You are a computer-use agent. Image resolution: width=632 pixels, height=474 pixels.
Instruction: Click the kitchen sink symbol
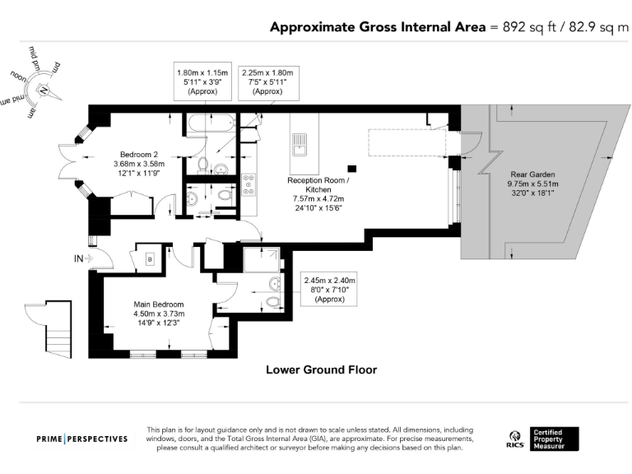click(299, 145)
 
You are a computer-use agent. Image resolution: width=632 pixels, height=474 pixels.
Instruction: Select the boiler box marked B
click(150, 258)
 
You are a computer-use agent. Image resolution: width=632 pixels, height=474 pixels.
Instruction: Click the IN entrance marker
click(79, 259)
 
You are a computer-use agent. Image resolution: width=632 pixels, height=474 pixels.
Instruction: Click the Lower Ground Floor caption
click(321, 369)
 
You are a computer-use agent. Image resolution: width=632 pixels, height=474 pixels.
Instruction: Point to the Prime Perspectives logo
click(82, 439)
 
